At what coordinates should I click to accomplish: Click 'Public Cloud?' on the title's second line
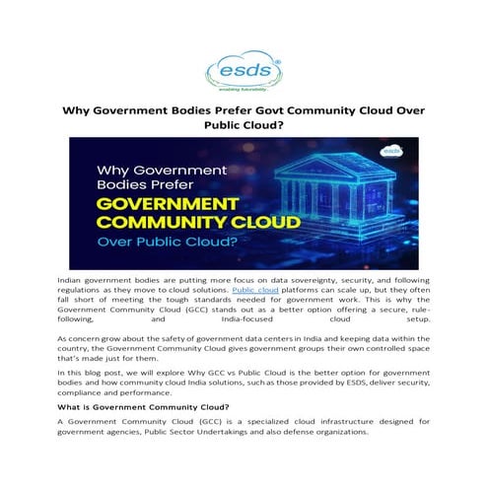click(x=244, y=125)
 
